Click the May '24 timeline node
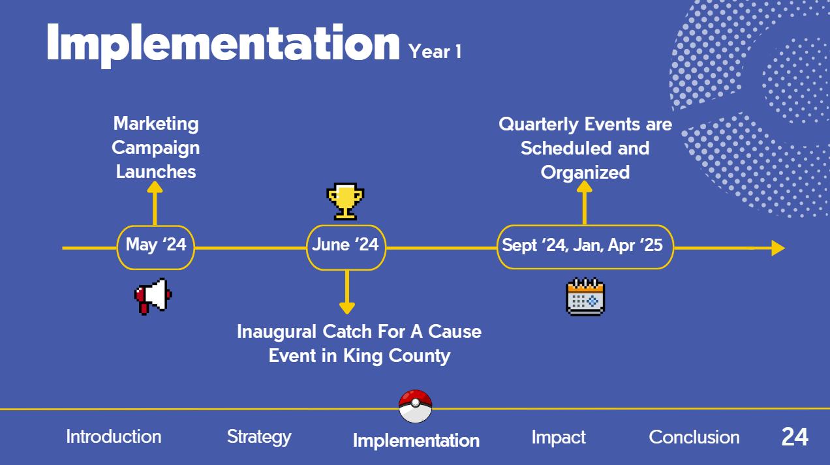(x=155, y=247)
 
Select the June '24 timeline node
(x=346, y=247)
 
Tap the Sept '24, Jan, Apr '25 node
(x=585, y=247)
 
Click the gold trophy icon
(x=345, y=202)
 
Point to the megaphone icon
(x=153, y=296)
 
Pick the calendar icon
(x=585, y=297)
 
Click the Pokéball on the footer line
(x=416, y=406)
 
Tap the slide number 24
(x=795, y=437)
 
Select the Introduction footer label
(x=114, y=436)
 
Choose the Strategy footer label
(x=259, y=437)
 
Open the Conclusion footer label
(x=694, y=437)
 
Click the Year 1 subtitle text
(x=435, y=51)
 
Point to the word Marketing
(x=156, y=124)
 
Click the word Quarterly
(x=538, y=125)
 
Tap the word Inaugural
(x=276, y=332)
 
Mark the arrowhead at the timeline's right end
(x=778, y=248)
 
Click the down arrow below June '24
(x=347, y=292)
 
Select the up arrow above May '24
(x=155, y=203)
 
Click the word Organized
(x=585, y=173)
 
